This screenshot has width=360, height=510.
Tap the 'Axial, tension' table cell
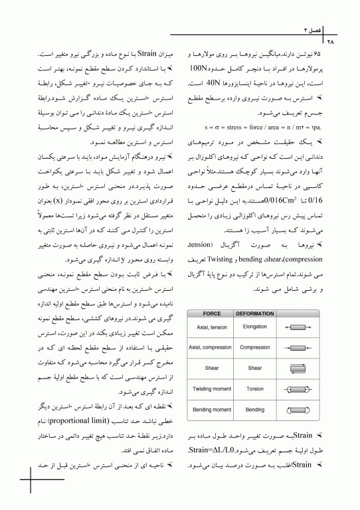tap(211, 327)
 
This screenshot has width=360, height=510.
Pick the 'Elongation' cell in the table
tap(254, 327)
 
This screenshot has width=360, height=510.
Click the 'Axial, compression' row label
tap(211, 347)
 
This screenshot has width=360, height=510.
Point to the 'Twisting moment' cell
tap(211, 388)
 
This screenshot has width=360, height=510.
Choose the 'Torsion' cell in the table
tap(254, 388)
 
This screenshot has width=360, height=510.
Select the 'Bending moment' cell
tap(211, 408)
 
